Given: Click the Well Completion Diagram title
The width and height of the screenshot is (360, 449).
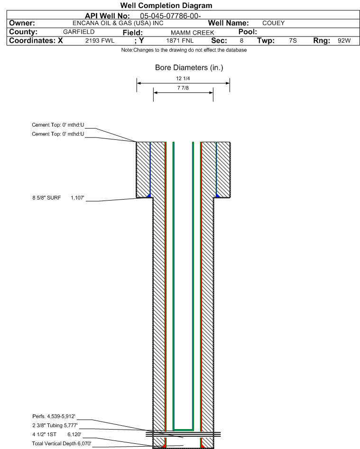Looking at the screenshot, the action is [166, 5].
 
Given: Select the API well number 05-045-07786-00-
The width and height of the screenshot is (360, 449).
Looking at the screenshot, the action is [170, 16].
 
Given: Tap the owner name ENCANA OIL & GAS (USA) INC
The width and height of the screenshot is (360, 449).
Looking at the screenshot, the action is [118, 23].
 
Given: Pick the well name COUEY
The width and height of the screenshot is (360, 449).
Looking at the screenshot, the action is [274, 23].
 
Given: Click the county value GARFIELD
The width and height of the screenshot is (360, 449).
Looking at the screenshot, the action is [79, 32].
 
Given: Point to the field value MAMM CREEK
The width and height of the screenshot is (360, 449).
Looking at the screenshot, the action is [193, 33].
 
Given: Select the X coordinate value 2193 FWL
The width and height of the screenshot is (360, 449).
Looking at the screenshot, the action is [100, 41].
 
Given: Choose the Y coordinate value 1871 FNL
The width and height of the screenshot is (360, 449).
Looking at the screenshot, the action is [180, 41].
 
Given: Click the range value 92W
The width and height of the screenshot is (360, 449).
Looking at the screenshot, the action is [344, 41].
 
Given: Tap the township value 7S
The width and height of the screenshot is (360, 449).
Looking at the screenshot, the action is [293, 41].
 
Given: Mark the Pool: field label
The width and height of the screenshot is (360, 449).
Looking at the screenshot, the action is [248, 32].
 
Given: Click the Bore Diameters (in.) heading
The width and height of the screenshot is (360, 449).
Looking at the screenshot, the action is [189, 68].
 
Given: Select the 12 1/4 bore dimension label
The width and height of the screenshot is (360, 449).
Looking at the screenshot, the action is [183, 78].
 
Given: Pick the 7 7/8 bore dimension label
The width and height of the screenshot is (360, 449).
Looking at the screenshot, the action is [183, 88].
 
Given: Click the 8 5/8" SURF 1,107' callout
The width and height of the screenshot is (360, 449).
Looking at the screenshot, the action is [58, 198].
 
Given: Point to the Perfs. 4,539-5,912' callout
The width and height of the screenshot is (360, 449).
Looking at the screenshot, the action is [54, 416].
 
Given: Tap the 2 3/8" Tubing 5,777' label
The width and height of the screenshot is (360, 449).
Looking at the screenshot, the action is [55, 425].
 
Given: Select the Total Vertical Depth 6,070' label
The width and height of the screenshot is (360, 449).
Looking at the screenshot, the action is [62, 444].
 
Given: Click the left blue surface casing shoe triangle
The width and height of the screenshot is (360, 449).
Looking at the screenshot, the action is [148, 196].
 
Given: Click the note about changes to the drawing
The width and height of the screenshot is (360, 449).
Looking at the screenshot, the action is [184, 50].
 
